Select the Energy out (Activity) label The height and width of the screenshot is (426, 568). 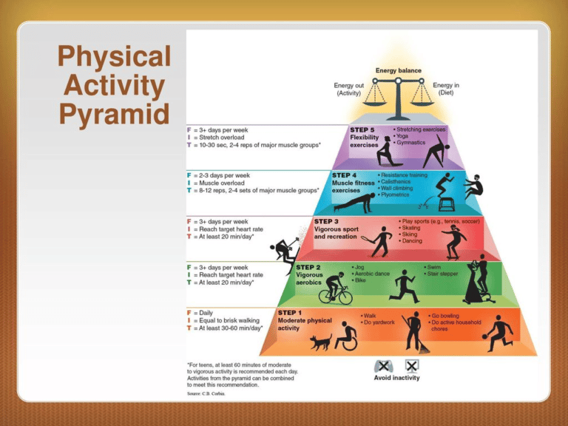(348, 89)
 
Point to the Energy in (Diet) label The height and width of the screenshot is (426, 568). (445, 89)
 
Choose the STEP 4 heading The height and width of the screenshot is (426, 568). (347, 176)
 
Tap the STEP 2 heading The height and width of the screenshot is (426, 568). (309, 266)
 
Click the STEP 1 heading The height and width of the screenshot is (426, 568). (290, 313)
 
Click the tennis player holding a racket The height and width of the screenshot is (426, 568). (379, 240)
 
